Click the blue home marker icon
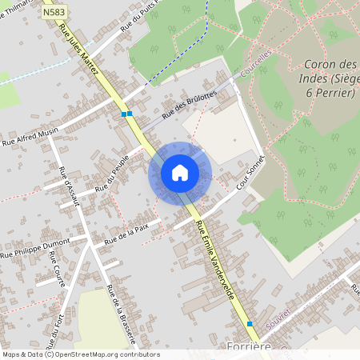pyautogui.click(x=180, y=173)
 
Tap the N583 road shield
pyautogui.click(x=54, y=14)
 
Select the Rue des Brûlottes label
pyautogui.click(x=189, y=105)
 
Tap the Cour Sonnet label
pyautogui.click(x=250, y=173)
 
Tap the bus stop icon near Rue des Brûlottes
pyautogui.click(x=126, y=114)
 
